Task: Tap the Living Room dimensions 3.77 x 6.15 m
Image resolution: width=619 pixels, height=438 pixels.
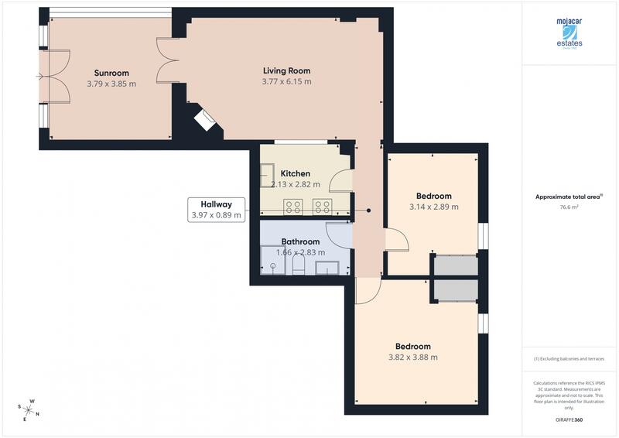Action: click(x=286, y=81)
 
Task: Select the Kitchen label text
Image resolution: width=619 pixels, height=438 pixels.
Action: click(x=296, y=173)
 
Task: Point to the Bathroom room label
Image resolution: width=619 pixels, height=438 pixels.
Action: click(x=300, y=241)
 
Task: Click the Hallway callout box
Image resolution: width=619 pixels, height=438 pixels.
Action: click(x=217, y=210)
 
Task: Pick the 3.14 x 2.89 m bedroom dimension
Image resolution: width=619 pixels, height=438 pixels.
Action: click(x=433, y=207)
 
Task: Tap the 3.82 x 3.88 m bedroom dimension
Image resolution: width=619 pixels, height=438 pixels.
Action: click(x=413, y=358)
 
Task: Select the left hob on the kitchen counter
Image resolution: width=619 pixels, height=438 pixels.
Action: click(x=294, y=206)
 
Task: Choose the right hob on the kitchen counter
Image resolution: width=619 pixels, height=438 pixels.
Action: click(x=322, y=206)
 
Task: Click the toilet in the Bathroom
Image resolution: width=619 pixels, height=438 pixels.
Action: click(x=298, y=266)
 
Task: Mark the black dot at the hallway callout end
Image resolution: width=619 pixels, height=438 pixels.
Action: click(x=368, y=210)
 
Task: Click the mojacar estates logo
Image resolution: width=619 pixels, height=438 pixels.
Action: click(x=569, y=35)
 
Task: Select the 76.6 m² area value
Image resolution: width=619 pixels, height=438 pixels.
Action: click(x=569, y=207)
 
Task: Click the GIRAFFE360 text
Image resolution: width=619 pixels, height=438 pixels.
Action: click(x=569, y=419)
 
